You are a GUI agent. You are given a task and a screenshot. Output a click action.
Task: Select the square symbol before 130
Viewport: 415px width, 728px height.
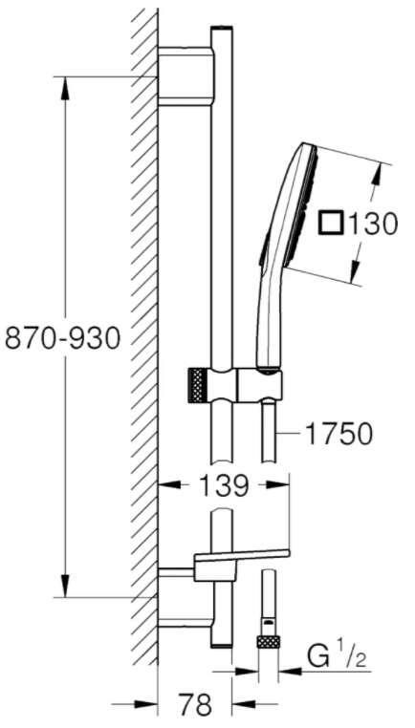[x=330, y=224]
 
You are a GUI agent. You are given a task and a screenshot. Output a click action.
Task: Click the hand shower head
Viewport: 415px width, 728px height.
[x=303, y=210]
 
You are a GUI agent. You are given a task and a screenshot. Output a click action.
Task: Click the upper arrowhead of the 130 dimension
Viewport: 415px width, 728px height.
[x=381, y=171]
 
